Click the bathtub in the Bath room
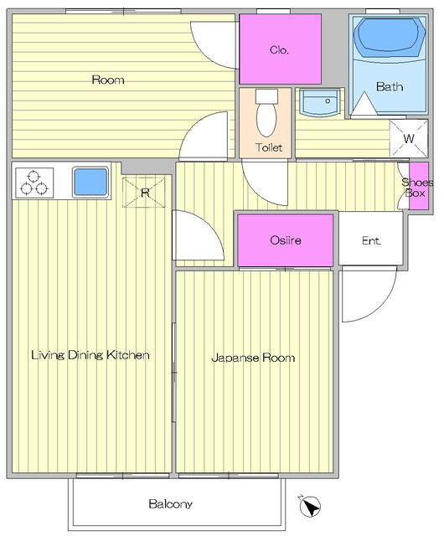coord(387,39)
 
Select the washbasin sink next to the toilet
coord(319,103)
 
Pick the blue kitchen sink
coord(90,181)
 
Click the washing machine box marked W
coord(408,137)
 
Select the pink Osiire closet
coord(286,240)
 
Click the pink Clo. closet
coord(280,49)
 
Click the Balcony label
coord(171,504)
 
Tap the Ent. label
coord(371,240)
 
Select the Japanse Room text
coord(252,358)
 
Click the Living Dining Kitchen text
coord(90,355)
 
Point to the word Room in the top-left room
coord(108,80)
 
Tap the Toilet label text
coord(269,148)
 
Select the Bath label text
coord(388,86)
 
